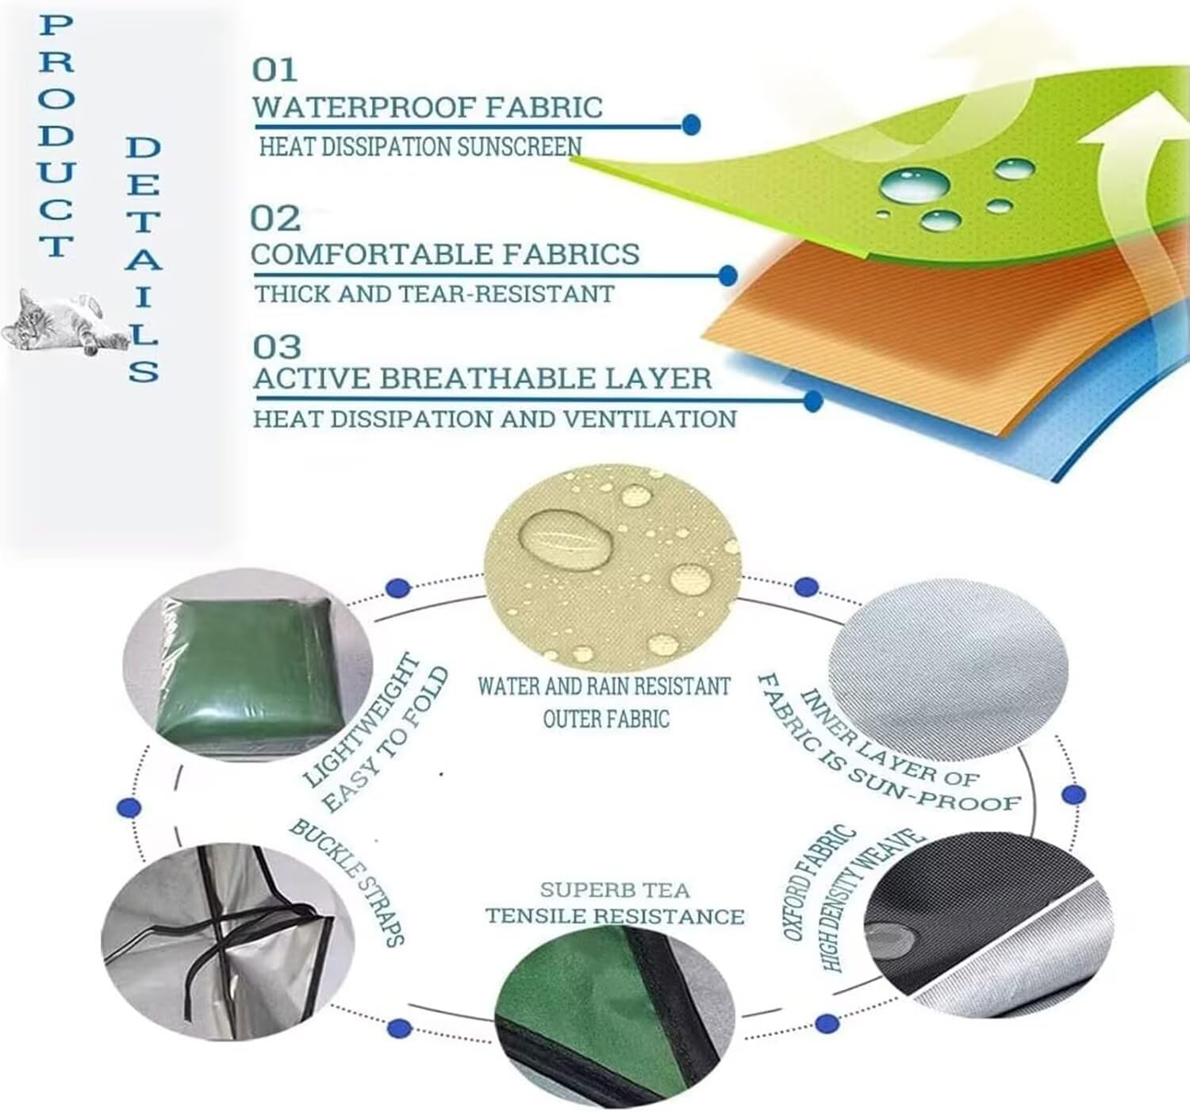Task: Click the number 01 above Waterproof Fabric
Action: pyautogui.click(x=274, y=70)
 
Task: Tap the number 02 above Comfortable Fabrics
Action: pyautogui.click(x=275, y=218)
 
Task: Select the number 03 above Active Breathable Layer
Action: pyautogui.click(x=277, y=347)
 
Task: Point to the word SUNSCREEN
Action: pyautogui.click(x=519, y=147)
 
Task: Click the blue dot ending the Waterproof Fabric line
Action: pyautogui.click(x=691, y=125)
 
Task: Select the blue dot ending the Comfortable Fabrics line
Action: pyautogui.click(x=727, y=275)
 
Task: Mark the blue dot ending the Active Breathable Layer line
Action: pyautogui.click(x=812, y=401)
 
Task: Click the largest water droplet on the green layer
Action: pyautogui.click(x=914, y=185)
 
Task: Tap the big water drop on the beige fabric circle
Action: pyautogui.click(x=566, y=540)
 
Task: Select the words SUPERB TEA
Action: pyautogui.click(x=615, y=890)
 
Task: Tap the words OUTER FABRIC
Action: pyautogui.click(x=606, y=719)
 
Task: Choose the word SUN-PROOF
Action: pyautogui.click(x=934, y=791)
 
